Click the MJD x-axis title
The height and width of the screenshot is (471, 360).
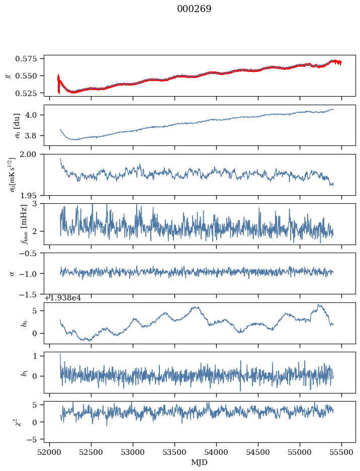(200, 462)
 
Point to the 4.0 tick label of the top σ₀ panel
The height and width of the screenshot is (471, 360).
(35, 115)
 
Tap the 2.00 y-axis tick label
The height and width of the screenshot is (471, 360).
(33, 154)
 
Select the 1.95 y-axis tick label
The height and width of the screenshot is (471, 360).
(33, 195)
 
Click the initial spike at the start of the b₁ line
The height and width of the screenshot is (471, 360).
(60, 354)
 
